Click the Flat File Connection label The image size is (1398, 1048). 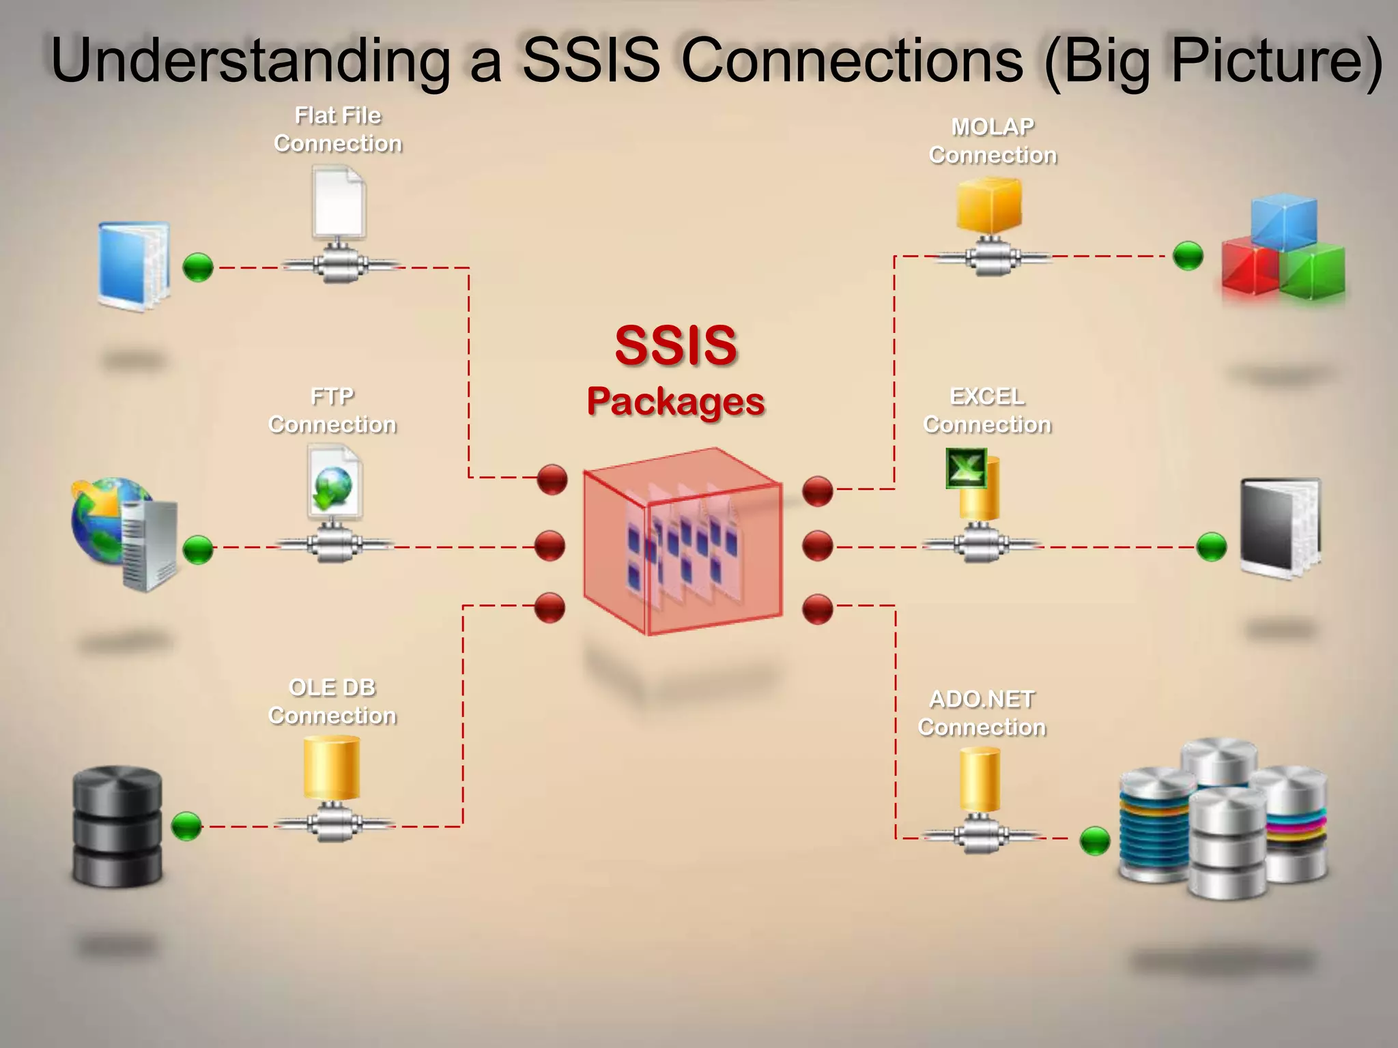click(x=338, y=130)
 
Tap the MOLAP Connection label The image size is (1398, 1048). click(x=993, y=141)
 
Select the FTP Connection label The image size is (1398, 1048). click(x=332, y=411)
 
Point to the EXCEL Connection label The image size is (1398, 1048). click(x=987, y=411)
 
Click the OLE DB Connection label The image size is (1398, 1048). click(x=332, y=701)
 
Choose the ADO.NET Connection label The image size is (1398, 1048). click(x=982, y=713)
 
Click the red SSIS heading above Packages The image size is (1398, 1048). click(x=676, y=345)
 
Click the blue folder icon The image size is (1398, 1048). click(x=134, y=266)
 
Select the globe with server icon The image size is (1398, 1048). click(x=123, y=532)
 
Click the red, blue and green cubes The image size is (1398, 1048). click(x=1283, y=249)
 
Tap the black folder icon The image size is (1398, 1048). click(x=1280, y=529)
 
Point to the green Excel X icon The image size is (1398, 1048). click(x=966, y=468)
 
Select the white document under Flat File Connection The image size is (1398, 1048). click(x=339, y=202)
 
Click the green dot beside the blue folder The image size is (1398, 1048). click(x=199, y=267)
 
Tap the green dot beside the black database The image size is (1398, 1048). click(x=186, y=826)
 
